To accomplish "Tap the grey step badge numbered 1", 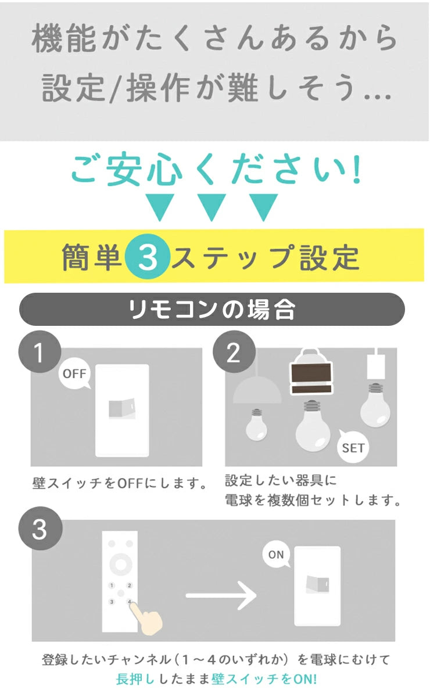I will [40, 353].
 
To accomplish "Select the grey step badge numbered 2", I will [233, 353].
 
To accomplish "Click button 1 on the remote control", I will [111, 585].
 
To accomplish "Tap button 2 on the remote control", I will [130, 585].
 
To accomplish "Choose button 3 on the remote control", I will [111, 602].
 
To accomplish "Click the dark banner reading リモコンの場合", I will [212, 310].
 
